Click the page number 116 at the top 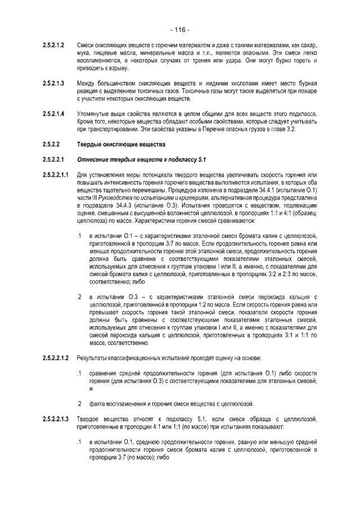pos(180,29)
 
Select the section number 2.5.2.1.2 pos(54,44)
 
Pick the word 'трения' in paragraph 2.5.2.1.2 pos(218,60)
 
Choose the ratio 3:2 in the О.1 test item pos(276,274)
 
